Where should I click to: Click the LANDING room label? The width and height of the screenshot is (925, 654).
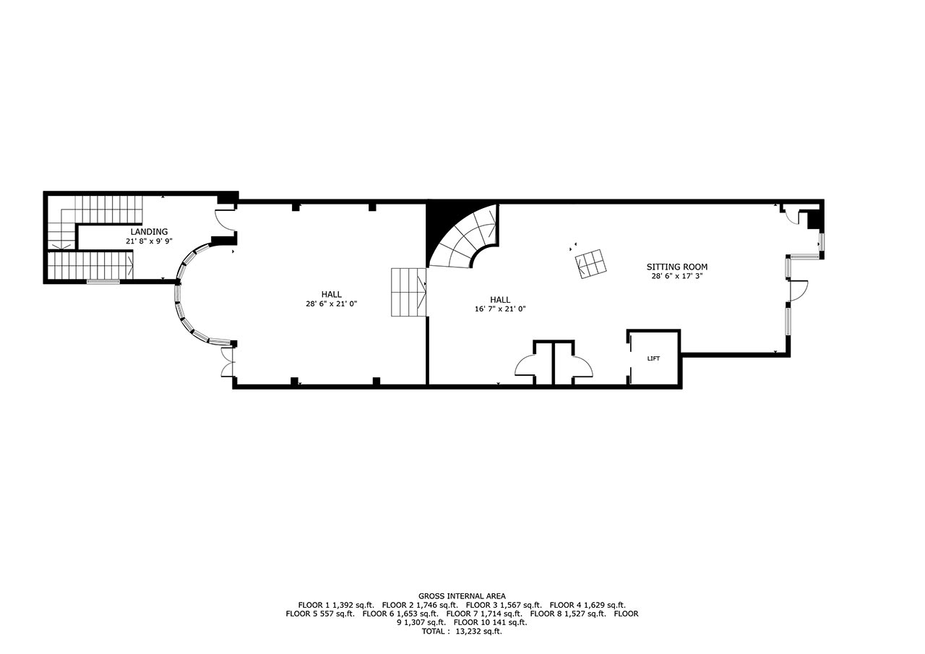tap(149, 232)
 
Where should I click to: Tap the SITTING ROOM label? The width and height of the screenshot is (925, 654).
tap(677, 267)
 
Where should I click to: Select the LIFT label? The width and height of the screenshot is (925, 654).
tap(653, 358)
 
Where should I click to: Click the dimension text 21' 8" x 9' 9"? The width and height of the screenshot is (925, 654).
tap(149, 241)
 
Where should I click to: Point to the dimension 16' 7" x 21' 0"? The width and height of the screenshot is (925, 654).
tap(500, 309)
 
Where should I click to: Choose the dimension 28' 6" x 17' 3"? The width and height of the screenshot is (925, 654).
tap(677, 276)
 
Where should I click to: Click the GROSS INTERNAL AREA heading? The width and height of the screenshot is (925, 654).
tap(462, 595)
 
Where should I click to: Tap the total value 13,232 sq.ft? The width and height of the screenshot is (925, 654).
tap(478, 632)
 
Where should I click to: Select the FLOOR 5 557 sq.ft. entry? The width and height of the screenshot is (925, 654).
tap(320, 614)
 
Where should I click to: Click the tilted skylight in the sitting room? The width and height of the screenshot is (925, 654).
tap(591, 264)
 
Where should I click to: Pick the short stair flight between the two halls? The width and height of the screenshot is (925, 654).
tap(409, 293)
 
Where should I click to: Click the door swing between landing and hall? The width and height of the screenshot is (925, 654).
tap(225, 220)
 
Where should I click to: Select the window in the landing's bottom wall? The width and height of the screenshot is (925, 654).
tap(103, 282)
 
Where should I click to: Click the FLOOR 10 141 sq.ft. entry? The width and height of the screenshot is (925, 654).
tap(490, 622)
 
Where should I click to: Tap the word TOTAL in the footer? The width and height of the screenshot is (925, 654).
tap(434, 632)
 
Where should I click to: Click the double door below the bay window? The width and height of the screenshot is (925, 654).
tap(228, 361)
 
